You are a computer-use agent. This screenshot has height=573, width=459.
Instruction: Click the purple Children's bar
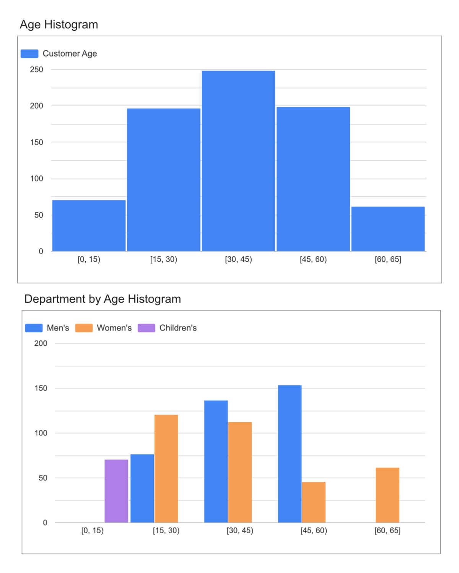116,491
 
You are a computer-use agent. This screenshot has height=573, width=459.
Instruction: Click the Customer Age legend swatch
29,53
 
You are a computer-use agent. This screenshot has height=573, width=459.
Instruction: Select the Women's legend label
114,328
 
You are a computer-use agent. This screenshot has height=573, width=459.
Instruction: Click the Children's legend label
178,328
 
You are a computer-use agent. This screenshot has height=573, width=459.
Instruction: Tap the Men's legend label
58,328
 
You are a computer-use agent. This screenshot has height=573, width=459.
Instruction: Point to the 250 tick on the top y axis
37,70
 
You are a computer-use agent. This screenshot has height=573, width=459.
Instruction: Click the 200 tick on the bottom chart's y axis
41,343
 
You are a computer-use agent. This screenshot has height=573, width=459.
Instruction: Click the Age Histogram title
59,24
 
